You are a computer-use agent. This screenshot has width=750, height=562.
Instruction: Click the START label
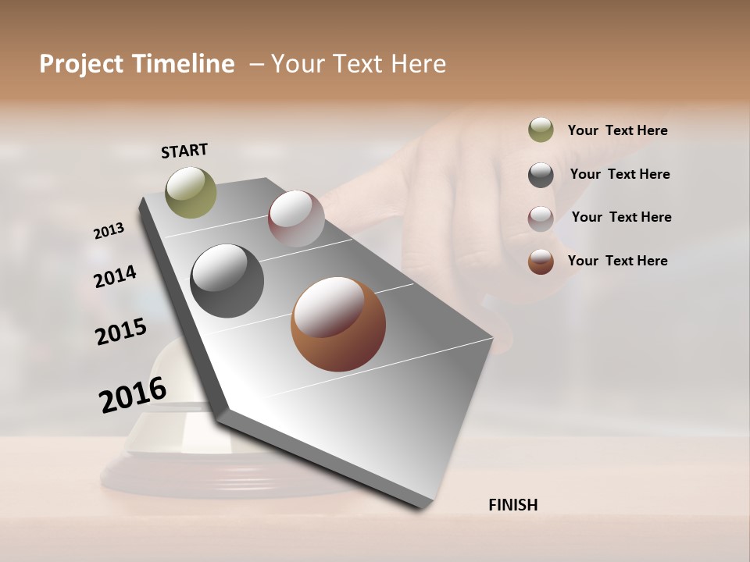184,151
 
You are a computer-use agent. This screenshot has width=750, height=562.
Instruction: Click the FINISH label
512,505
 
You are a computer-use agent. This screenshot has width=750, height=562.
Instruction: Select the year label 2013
109,231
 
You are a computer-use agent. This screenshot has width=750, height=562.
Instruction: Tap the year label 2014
115,276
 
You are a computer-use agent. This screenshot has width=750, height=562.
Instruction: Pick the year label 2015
121,332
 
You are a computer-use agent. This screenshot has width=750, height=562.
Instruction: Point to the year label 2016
133,395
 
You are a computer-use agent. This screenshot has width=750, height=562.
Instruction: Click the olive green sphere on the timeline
191,192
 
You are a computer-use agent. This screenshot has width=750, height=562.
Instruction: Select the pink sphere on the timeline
296,218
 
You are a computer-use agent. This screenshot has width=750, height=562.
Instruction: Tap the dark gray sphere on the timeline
227,281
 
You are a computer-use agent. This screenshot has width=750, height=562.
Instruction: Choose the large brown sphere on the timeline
338,324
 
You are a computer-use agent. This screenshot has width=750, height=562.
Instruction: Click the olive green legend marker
541,130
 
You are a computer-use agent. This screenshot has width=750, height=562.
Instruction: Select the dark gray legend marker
541,175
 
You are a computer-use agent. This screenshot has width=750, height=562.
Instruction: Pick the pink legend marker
541,219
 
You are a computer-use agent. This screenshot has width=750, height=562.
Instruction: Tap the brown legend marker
541,261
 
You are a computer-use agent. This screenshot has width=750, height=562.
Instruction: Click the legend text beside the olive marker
617,130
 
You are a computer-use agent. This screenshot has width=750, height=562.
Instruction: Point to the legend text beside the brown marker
617,261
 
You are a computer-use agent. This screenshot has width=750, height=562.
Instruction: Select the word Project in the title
81,64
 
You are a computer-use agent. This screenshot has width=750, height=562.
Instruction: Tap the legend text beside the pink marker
621,217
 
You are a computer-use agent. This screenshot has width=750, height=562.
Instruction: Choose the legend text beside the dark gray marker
620,174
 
